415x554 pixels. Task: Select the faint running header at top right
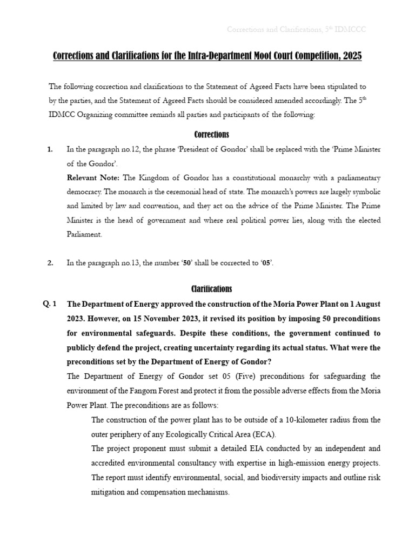tap(296, 29)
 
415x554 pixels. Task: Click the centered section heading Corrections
tap(211, 134)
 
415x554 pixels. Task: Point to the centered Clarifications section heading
tap(211, 289)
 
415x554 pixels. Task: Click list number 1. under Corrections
tap(50, 149)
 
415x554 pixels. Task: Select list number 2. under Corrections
tap(50, 263)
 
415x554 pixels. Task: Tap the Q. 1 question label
tap(50, 304)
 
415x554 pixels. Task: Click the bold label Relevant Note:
tap(93, 177)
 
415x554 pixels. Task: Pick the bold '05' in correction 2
tap(266, 263)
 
